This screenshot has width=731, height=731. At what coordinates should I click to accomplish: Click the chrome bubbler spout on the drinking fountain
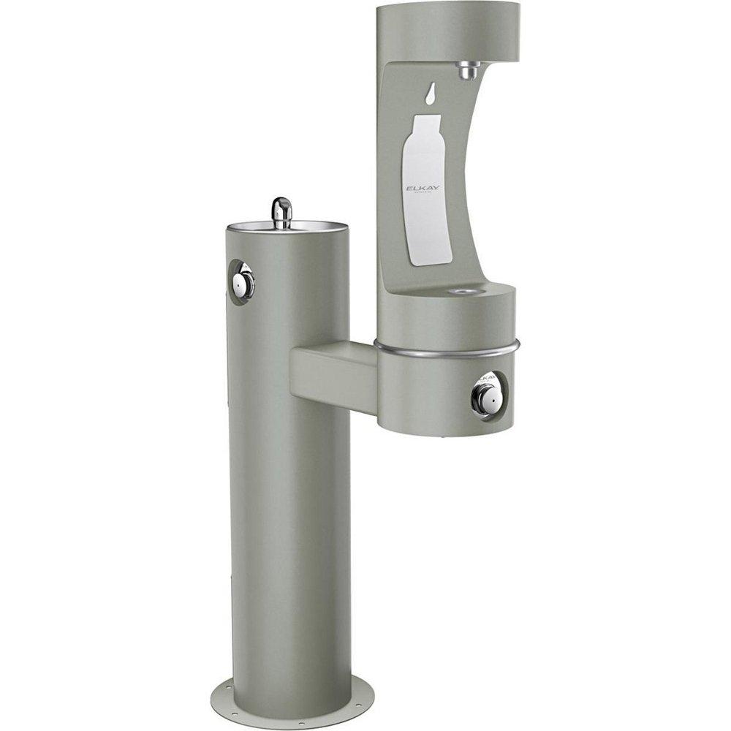(281, 210)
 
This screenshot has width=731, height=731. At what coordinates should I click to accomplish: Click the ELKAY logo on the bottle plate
(423, 189)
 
